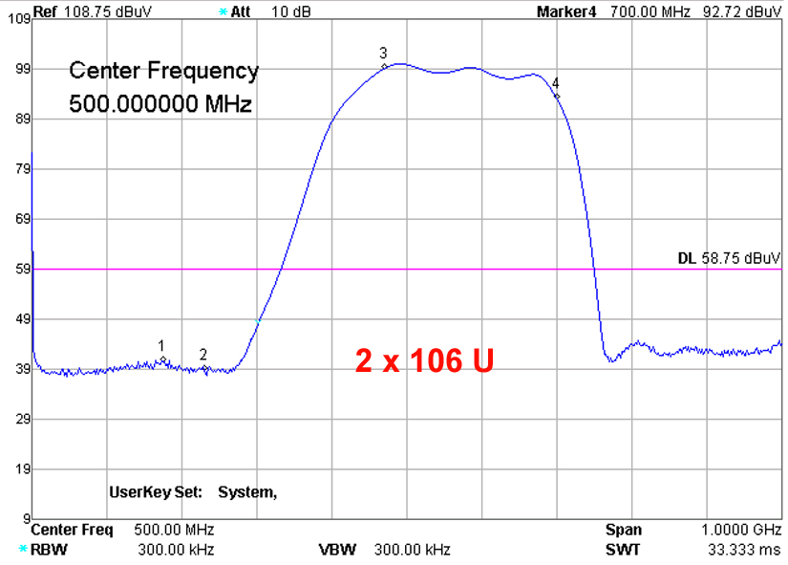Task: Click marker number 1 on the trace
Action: point(163,359)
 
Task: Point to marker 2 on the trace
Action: point(204,368)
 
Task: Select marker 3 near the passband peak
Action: point(385,66)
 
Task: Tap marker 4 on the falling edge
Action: point(556,96)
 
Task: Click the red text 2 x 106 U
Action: point(424,360)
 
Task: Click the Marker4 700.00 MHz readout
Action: point(659,11)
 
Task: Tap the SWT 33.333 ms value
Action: point(741,549)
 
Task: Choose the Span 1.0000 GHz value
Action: point(741,530)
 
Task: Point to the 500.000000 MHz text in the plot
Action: point(160,103)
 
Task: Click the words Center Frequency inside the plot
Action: point(163,71)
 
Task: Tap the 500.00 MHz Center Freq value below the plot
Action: point(173,530)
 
